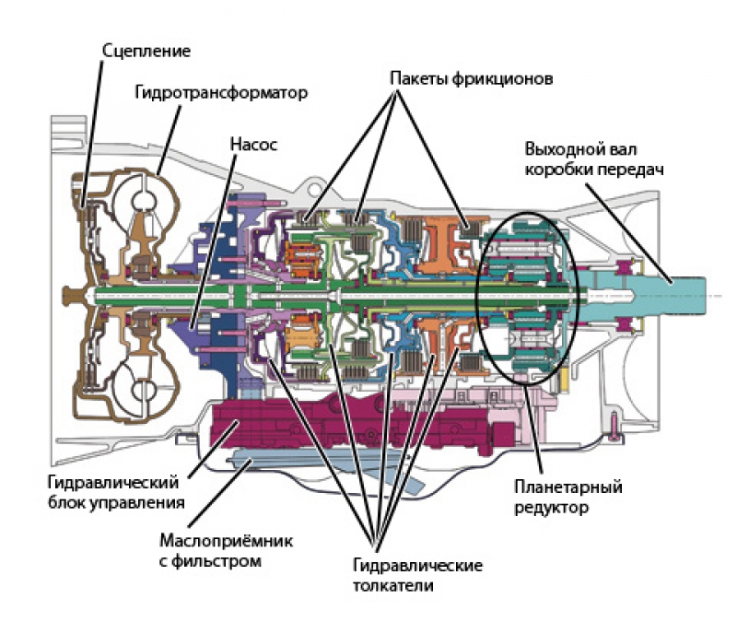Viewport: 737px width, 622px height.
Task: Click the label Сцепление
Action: point(146,51)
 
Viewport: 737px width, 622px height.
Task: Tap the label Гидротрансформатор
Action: point(220,93)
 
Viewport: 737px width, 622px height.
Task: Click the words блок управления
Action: point(120,503)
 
